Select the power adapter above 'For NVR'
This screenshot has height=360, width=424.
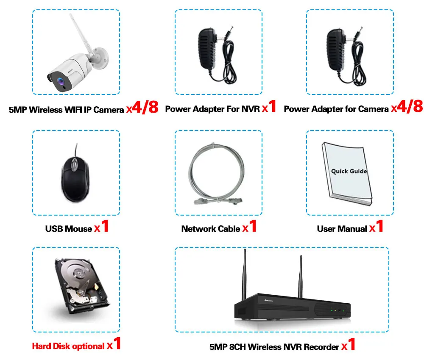[x=210, y=49]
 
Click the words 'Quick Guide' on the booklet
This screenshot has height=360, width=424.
[x=349, y=171]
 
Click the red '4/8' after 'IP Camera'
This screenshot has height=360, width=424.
[x=145, y=108]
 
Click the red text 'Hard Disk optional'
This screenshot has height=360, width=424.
[x=68, y=346]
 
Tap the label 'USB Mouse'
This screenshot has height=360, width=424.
[x=68, y=229]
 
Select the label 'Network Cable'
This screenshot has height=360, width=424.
[x=211, y=229]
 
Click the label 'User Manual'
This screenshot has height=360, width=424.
[x=342, y=229]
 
